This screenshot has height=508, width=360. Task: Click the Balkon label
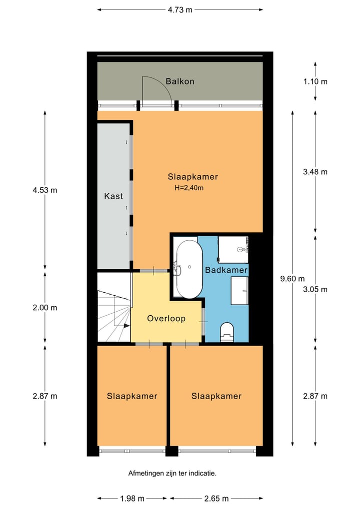click(180, 81)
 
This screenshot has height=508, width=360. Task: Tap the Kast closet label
click(113, 196)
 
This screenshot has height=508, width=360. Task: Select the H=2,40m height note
click(189, 188)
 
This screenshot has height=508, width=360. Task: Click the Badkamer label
click(226, 270)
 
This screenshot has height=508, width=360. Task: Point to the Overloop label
click(166, 319)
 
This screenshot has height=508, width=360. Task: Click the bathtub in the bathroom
click(189, 269)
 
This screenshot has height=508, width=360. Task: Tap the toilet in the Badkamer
click(226, 332)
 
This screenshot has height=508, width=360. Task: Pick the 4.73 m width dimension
click(180, 9)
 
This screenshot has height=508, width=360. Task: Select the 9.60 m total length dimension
click(292, 278)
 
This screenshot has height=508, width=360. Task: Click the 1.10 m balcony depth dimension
click(315, 81)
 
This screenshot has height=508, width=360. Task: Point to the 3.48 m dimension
click(315, 172)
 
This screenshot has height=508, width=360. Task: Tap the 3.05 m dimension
click(315, 289)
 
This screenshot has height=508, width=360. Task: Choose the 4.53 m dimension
click(45, 190)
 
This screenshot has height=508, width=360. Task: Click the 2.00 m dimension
click(45, 308)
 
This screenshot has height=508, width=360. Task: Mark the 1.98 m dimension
click(132, 499)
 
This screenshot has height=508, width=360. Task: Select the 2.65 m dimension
click(216, 499)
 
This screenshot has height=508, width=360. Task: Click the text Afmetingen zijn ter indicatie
click(172, 474)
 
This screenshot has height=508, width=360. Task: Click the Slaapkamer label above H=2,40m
click(192, 177)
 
